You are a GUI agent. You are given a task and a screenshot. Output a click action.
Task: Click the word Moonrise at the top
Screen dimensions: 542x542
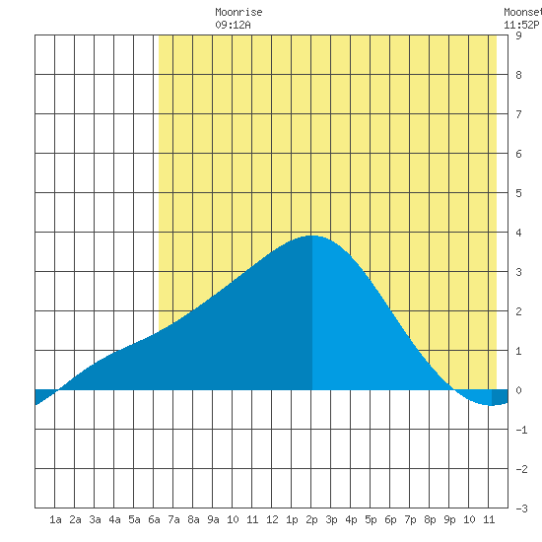(x=238, y=12)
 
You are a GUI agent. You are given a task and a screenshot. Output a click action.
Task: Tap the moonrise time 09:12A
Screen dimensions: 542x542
(x=233, y=25)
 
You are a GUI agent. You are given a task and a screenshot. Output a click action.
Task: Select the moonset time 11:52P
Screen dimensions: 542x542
(x=521, y=25)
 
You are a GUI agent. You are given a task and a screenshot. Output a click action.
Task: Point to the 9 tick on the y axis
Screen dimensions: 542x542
(x=518, y=35)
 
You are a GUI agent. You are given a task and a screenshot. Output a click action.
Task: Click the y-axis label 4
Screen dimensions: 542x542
(x=518, y=233)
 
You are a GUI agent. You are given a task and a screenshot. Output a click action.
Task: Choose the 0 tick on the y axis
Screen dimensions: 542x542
(x=518, y=390)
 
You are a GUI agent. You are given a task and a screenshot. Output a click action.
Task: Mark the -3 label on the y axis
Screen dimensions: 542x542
(x=521, y=508)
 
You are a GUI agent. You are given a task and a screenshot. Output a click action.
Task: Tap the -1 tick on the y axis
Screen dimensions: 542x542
(x=521, y=430)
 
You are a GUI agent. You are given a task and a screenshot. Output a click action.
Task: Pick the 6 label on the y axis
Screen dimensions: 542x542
(x=518, y=154)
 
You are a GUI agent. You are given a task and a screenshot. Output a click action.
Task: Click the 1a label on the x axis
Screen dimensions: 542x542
(x=55, y=519)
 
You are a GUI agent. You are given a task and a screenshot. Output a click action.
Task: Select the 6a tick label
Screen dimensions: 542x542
(x=154, y=519)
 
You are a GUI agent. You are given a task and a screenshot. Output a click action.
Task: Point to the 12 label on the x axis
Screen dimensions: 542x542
(x=272, y=519)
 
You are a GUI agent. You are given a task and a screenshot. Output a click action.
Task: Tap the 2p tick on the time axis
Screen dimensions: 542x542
(x=311, y=519)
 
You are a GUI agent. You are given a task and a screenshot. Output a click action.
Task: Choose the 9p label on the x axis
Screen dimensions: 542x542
(x=449, y=519)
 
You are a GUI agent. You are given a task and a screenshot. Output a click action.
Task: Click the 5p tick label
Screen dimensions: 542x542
(x=371, y=519)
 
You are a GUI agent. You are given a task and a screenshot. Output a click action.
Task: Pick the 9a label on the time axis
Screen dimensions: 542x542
(x=213, y=519)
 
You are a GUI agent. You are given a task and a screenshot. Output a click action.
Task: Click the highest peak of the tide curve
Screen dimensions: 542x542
(x=311, y=236)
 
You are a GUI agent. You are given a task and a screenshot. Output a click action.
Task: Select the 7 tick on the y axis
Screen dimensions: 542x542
(x=518, y=114)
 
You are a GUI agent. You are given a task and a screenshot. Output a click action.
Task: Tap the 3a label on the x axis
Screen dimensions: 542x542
(x=95, y=519)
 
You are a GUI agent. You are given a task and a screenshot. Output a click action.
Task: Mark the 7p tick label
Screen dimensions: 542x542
(x=410, y=519)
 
